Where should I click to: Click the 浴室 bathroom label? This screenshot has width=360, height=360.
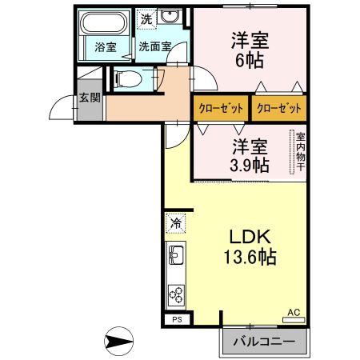point(106,47)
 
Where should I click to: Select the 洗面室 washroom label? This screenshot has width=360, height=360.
point(154,47)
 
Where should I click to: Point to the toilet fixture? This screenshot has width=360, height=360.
point(127,79)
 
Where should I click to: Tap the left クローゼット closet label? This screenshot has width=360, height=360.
point(221,108)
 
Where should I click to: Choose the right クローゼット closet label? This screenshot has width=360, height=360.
point(280,108)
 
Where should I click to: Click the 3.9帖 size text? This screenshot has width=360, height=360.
point(249,165)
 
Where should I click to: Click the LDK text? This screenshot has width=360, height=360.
point(252,238)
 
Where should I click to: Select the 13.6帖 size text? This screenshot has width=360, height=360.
point(251,258)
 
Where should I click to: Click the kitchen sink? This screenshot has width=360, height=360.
point(176,257)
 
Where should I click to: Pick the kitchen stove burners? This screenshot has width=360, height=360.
point(176,294)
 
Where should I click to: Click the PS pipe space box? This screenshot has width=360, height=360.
point(177,319)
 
